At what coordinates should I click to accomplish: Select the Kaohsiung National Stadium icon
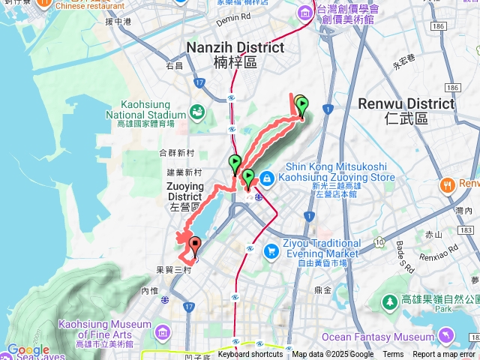pyautogui.click(x=197, y=112)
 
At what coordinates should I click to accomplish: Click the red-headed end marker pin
pyautogui.click(x=195, y=244)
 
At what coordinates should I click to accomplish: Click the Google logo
pyautogui.click(x=28, y=350)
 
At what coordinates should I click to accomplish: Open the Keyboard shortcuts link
pyautogui.click(x=250, y=355)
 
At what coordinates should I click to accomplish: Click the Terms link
pyautogui.click(x=393, y=355)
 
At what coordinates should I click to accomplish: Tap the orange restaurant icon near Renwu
pyautogui.click(x=448, y=184)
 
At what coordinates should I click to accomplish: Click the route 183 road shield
pyautogui.click(x=466, y=229)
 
